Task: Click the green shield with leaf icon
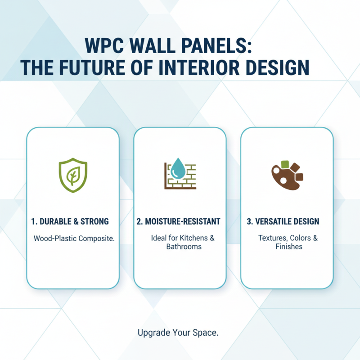click(x=72, y=175)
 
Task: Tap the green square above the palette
click(x=284, y=164)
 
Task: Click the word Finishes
click(x=288, y=247)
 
